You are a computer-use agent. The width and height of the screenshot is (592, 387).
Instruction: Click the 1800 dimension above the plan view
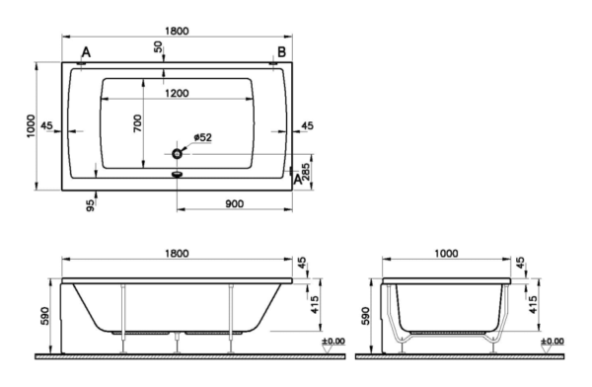[177, 31]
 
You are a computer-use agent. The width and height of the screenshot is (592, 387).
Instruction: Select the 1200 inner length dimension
[177, 93]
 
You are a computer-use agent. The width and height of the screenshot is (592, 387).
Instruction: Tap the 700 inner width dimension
[137, 123]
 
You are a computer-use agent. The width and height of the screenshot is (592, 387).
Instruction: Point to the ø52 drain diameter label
[202, 137]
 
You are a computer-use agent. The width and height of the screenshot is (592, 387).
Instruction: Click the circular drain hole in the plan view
[177, 154]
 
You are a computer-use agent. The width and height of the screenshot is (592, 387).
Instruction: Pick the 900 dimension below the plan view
[234, 203]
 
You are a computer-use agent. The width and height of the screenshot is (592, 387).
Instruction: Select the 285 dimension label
[306, 172]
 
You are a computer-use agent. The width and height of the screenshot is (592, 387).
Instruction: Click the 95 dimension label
[90, 205]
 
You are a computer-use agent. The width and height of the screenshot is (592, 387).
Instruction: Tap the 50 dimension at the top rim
[159, 46]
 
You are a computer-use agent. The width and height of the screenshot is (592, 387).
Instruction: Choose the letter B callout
[281, 51]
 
